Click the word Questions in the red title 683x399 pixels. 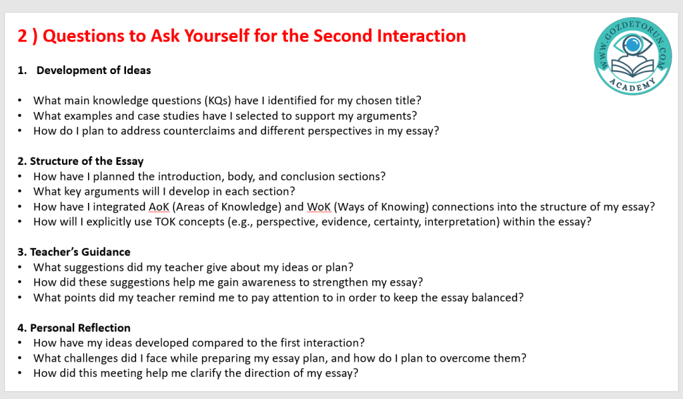pos(83,36)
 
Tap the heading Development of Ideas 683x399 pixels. pos(93,70)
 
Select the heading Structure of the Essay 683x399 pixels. pos(81,161)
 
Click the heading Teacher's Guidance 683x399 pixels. pos(74,252)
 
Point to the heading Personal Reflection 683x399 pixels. pos(74,328)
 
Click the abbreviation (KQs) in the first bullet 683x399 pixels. pos(218,101)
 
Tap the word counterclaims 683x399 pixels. pos(199,131)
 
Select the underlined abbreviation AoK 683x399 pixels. pos(159,206)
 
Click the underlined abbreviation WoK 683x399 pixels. pos(319,206)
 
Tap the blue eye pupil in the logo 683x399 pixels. pos(632,44)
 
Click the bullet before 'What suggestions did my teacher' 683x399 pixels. pos(20,268)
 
